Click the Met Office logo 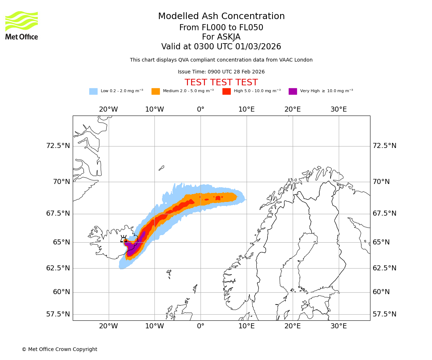(22, 25)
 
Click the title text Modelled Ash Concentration (221, 17)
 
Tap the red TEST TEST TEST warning (221, 83)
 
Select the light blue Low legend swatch (93, 91)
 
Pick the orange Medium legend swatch (156, 91)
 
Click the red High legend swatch (226, 91)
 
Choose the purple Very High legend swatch (293, 91)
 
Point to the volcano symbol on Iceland (123, 239)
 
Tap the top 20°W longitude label (108, 109)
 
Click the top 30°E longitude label (338, 109)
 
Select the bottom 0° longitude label (201, 326)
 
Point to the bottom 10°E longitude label (247, 326)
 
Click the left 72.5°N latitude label (58, 146)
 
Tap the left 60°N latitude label (62, 292)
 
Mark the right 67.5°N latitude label (384, 213)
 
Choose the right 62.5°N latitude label (384, 268)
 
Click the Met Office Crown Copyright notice (59, 350)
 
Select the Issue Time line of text (221, 72)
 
